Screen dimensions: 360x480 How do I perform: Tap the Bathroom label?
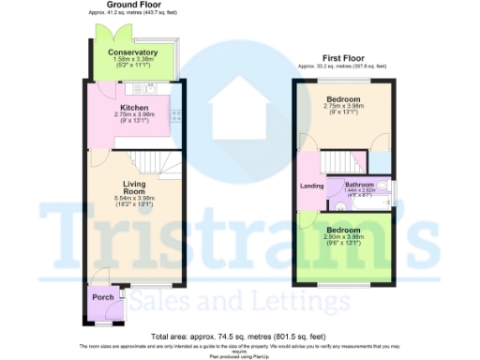361,185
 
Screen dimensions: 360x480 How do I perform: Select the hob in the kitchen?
174,115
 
